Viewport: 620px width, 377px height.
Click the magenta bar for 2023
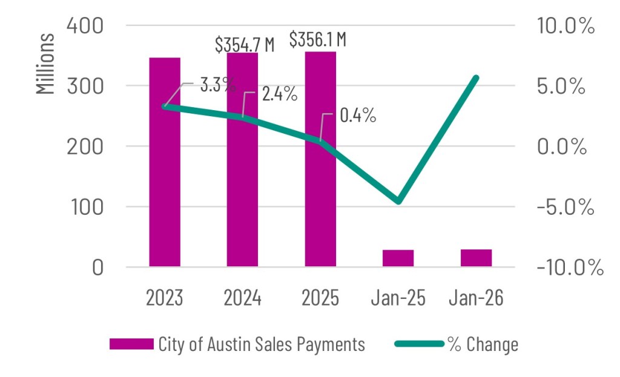click(165, 162)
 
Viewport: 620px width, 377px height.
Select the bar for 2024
click(243, 160)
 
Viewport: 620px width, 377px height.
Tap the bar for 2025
click(320, 159)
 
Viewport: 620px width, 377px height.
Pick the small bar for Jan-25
click(398, 258)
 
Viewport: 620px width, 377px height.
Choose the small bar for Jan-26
click(476, 258)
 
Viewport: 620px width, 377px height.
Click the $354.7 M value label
click(245, 44)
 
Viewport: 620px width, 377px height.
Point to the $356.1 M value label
click(317, 40)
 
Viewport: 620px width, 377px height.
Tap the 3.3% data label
click(218, 84)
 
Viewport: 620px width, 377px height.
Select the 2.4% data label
click(279, 94)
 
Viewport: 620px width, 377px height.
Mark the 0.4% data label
click(358, 116)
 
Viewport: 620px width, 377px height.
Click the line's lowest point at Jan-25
click(398, 201)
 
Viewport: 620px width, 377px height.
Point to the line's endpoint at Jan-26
click(476, 78)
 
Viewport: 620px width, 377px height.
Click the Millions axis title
click(45, 64)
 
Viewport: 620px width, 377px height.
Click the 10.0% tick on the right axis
click(566, 26)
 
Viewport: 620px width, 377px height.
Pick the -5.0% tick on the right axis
click(565, 207)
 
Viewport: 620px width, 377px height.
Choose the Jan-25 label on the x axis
click(398, 298)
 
